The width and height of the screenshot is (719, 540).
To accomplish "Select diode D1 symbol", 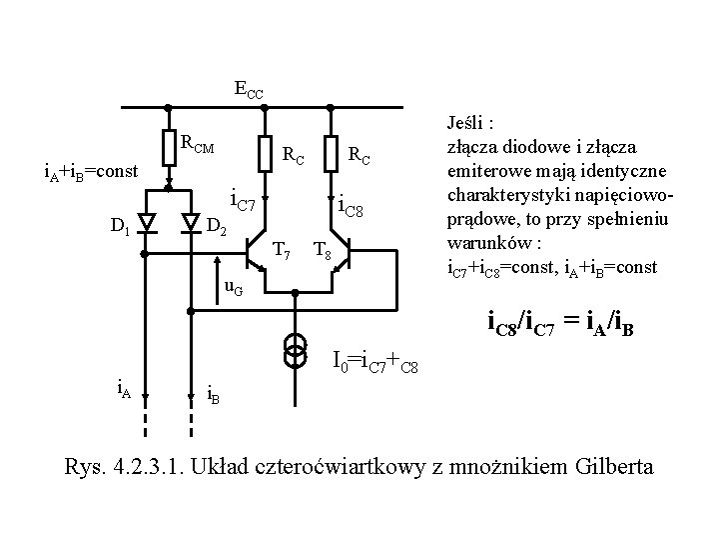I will click(x=145, y=222).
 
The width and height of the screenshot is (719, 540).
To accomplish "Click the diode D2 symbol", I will click(x=191, y=222).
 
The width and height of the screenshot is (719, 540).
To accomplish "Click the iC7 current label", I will click(x=245, y=203).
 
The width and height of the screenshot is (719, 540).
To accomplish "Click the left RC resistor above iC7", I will click(x=263, y=152).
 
